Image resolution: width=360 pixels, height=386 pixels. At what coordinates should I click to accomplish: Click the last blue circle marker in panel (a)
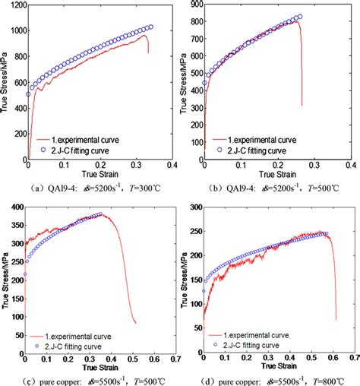pos(150,27)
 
